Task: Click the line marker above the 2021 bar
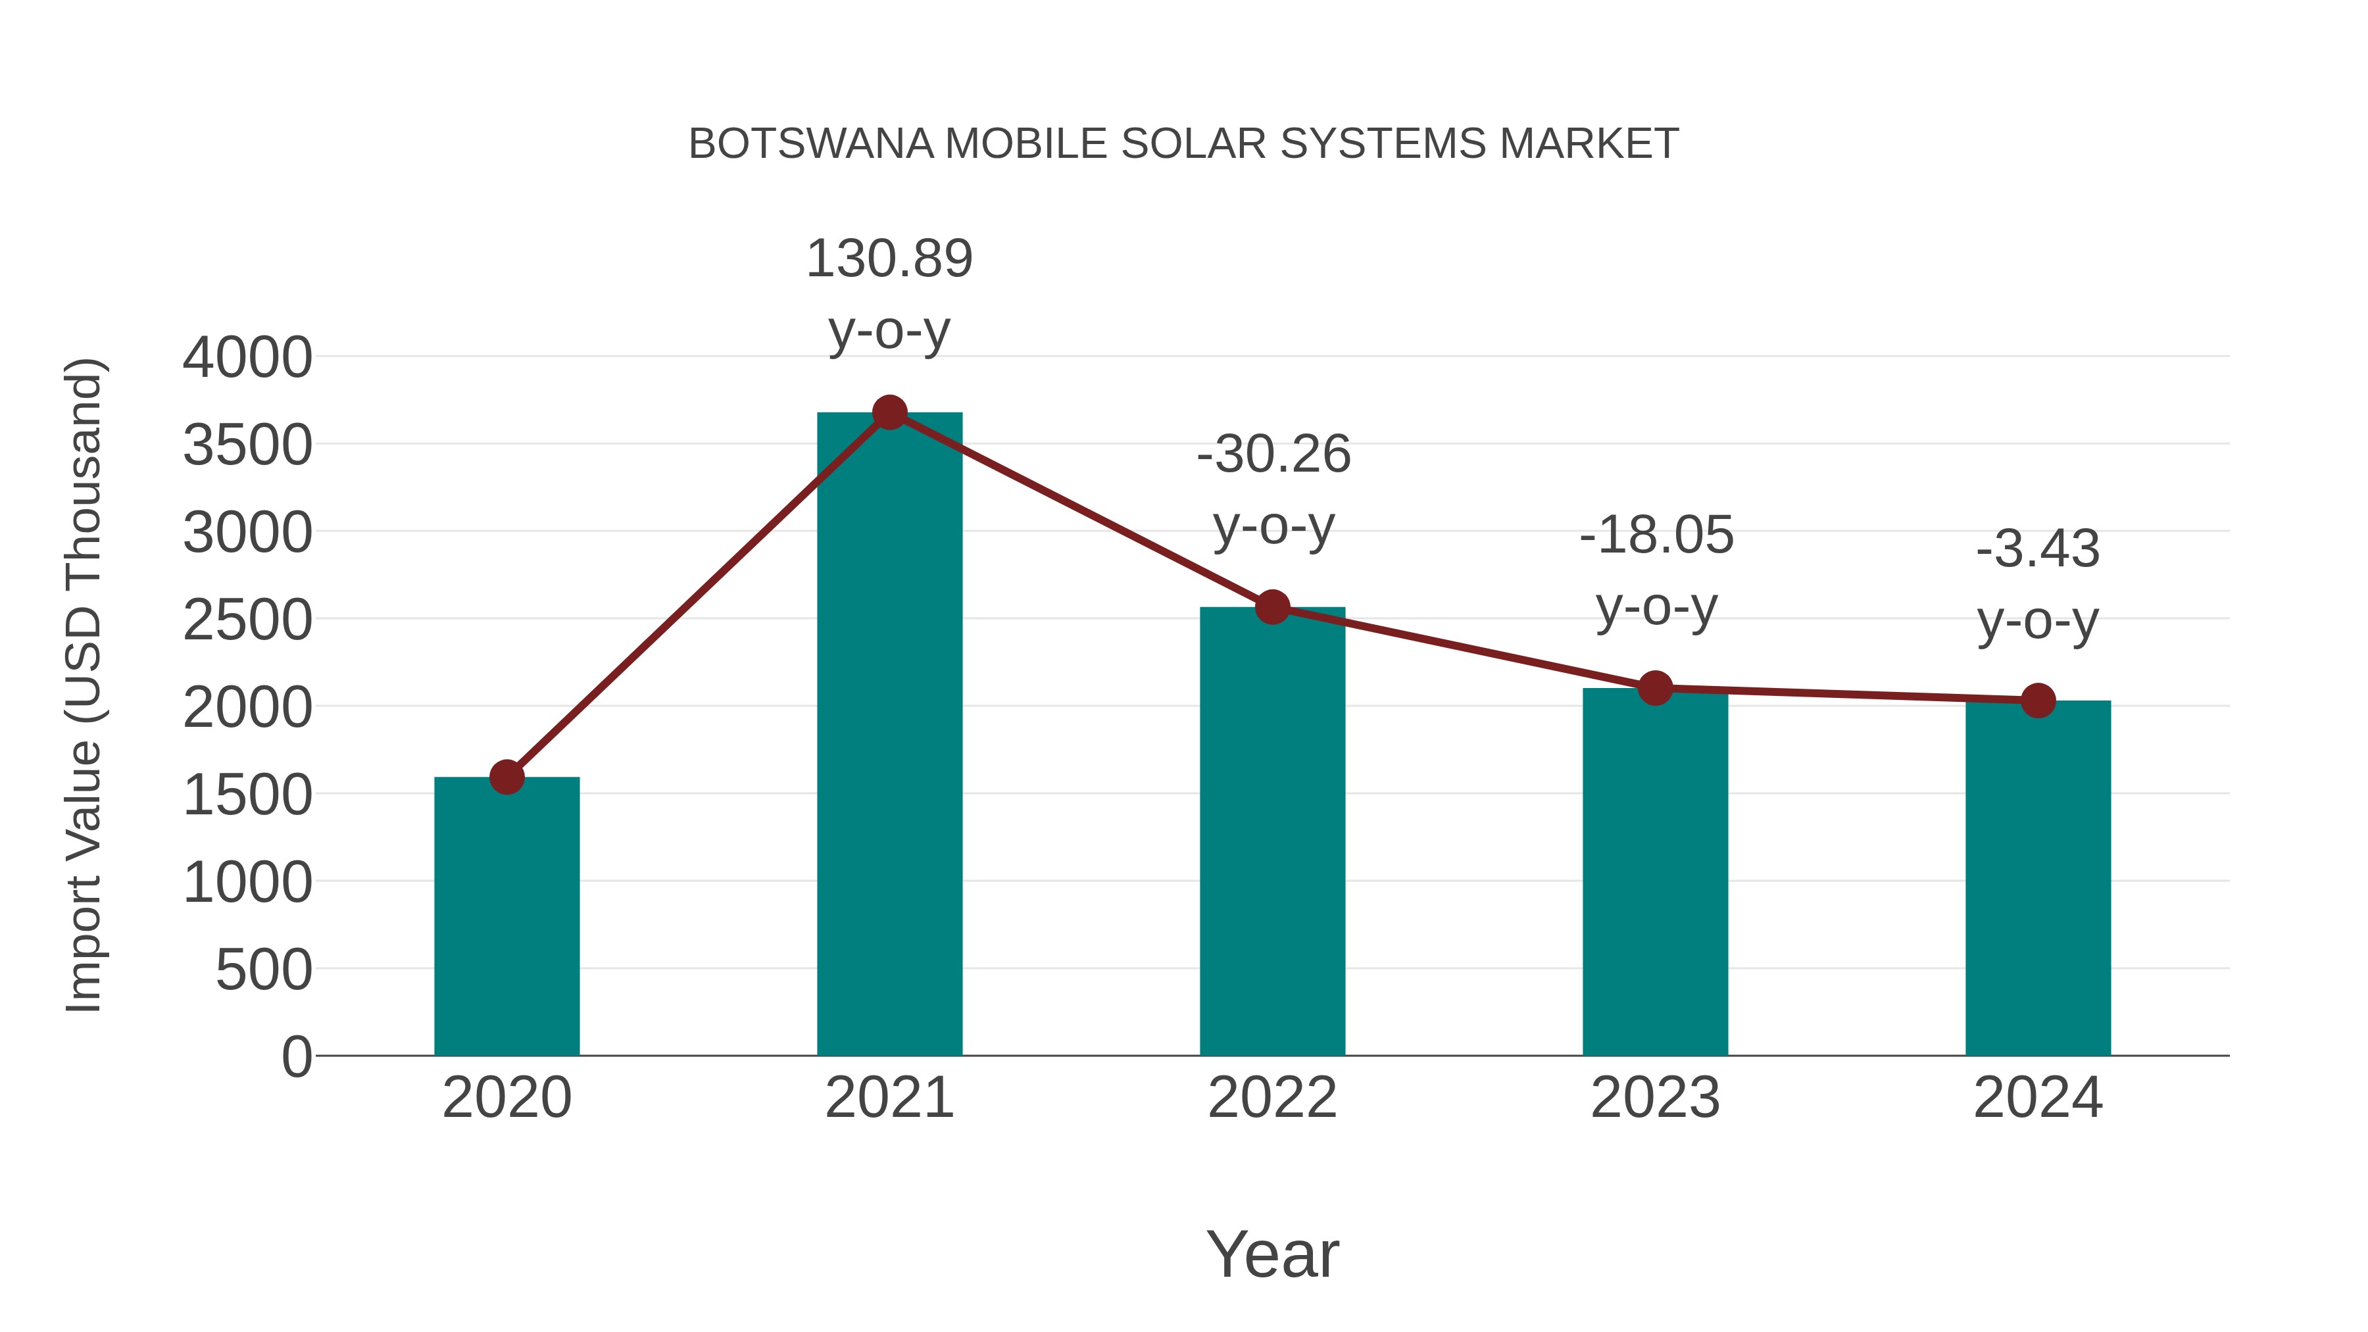coord(889,412)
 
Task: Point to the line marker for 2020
coord(506,777)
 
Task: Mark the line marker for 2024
coord(2038,701)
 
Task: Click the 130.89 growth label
coord(889,259)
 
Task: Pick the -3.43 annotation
coord(2038,550)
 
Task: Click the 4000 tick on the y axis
coord(247,358)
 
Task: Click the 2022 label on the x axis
coord(1272,1098)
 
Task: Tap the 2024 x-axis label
coord(2038,1098)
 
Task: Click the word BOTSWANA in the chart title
coord(811,144)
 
